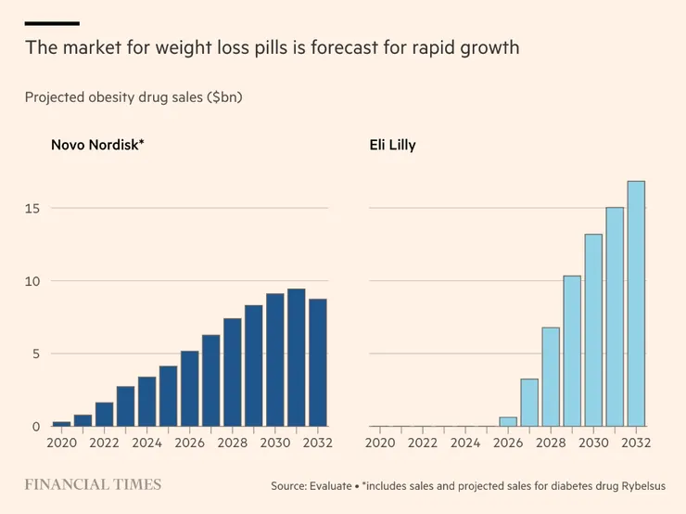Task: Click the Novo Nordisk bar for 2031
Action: pyautogui.click(x=296, y=358)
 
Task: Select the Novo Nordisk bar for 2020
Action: pyautogui.click(x=62, y=424)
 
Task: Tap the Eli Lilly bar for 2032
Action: pyautogui.click(x=636, y=303)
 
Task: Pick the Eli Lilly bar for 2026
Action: pyautogui.click(x=508, y=422)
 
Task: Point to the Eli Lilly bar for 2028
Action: pyautogui.click(x=551, y=377)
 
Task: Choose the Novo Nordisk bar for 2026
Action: pyautogui.click(x=189, y=389)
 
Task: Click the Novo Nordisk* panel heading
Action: pyautogui.click(x=97, y=146)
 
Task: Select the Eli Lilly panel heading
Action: pyautogui.click(x=394, y=146)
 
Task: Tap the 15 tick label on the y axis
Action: pyautogui.click(x=32, y=209)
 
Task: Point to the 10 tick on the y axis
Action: pyautogui.click(x=32, y=281)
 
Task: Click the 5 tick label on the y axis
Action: pyautogui.click(x=36, y=353)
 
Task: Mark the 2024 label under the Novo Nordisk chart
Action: pyautogui.click(x=146, y=443)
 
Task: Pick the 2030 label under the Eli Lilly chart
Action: pyautogui.click(x=592, y=443)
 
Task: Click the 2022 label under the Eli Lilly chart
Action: pyautogui.click(x=423, y=443)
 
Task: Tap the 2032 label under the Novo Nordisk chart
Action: pyautogui.click(x=316, y=443)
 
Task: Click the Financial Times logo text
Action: pyautogui.click(x=93, y=484)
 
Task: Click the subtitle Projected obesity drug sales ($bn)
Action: pyautogui.click(x=133, y=96)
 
